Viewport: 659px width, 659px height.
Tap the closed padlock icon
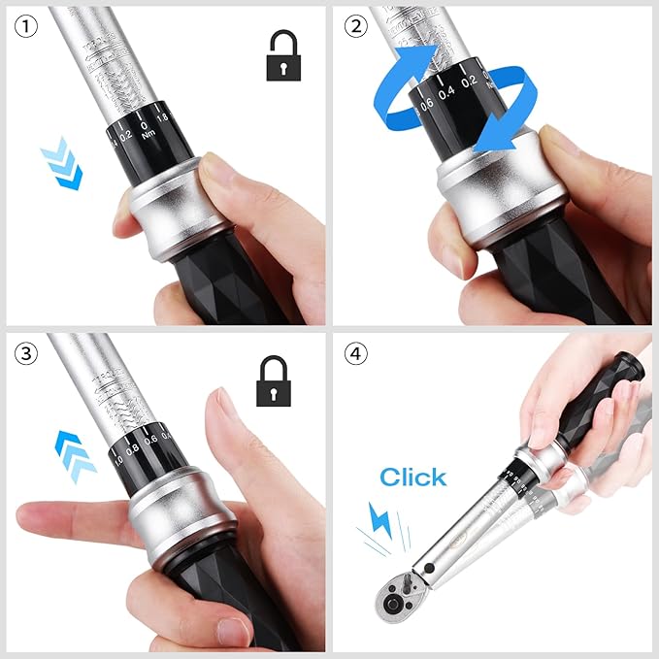point(275,381)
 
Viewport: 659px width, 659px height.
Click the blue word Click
point(413,477)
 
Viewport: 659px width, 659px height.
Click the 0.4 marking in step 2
point(446,94)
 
